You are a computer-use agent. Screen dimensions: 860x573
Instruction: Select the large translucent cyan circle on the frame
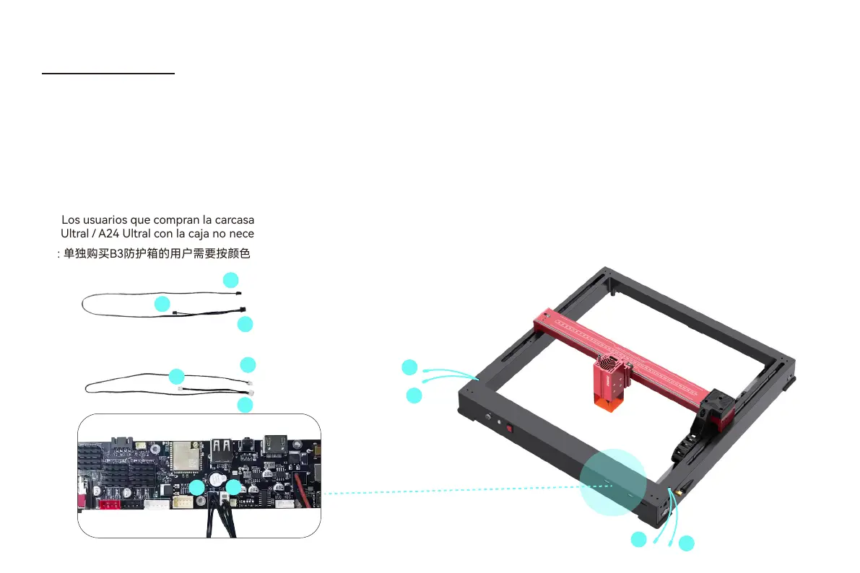[613, 482]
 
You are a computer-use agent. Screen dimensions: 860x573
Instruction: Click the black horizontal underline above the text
[108, 73]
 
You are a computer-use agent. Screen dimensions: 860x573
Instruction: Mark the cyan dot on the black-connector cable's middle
[162, 304]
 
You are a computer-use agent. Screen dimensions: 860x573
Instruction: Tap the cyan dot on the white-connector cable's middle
[176, 376]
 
